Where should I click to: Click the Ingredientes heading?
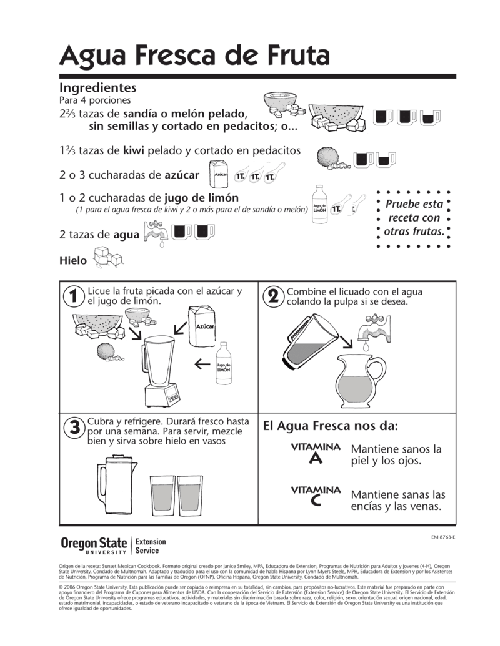(97, 88)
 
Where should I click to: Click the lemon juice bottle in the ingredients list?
(321, 203)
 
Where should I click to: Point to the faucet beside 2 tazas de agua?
(156, 234)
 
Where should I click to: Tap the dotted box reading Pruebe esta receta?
(416, 218)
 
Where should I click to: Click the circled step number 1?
(74, 296)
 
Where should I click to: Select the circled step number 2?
(272, 296)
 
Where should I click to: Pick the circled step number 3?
(74, 428)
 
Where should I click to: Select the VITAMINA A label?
(316, 453)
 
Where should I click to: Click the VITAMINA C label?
(316, 496)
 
